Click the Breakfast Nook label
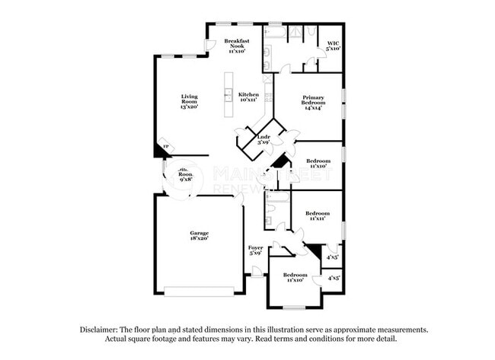tap(232, 46)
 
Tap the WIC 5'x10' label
tap(333, 46)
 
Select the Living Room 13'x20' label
tap(189, 101)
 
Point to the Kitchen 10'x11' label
tap(249, 97)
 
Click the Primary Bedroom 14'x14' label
tap(314, 102)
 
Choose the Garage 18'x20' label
tap(200, 236)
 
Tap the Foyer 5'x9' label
tap(256, 250)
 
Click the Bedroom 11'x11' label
tap(318, 216)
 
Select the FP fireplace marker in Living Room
tap(164, 148)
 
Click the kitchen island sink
tap(227, 95)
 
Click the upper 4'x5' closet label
tap(332, 259)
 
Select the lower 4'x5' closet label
tap(334, 279)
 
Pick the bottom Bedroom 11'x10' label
tap(295, 277)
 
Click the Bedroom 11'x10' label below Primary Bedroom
tap(318, 164)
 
